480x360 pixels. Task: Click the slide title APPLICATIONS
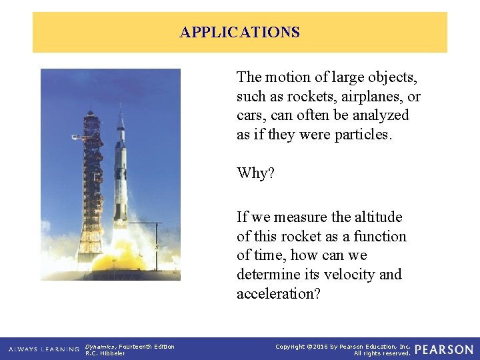(x=239, y=32)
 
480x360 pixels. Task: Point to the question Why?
(x=255, y=174)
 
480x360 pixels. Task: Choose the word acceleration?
(x=279, y=294)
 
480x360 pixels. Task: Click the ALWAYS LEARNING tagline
(x=44, y=349)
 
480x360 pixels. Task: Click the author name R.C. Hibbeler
(x=105, y=353)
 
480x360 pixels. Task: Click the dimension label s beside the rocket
(x=156, y=247)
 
